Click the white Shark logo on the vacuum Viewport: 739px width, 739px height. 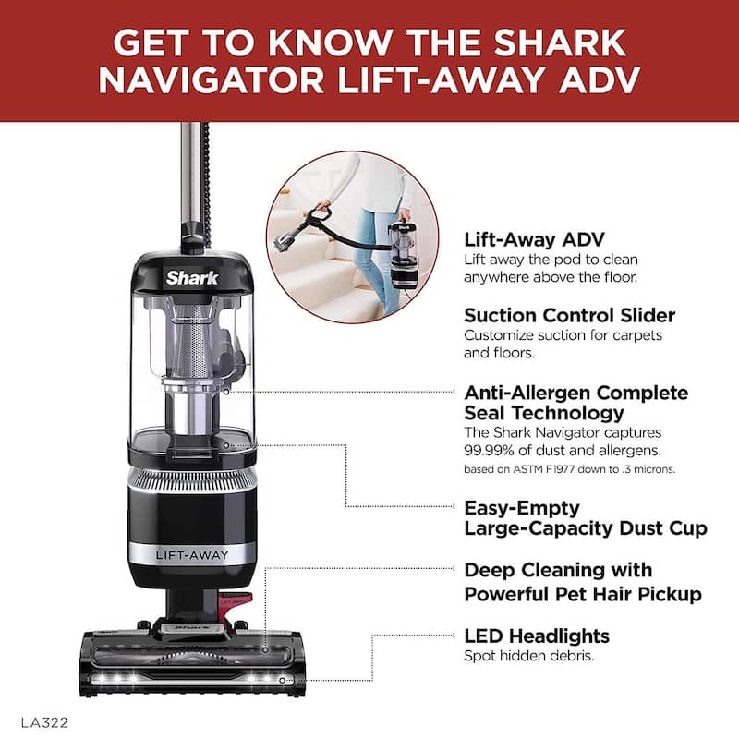pyautogui.click(x=192, y=277)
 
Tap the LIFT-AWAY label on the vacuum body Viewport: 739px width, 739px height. pyautogui.click(x=193, y=554)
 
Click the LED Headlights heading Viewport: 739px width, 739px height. pyautogui.click(x=537, y=636)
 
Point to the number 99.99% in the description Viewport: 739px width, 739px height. pyautogui.click(x=492, y=450)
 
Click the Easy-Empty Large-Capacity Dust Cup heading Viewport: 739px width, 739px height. pyautogui.click(x=585, y=518)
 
